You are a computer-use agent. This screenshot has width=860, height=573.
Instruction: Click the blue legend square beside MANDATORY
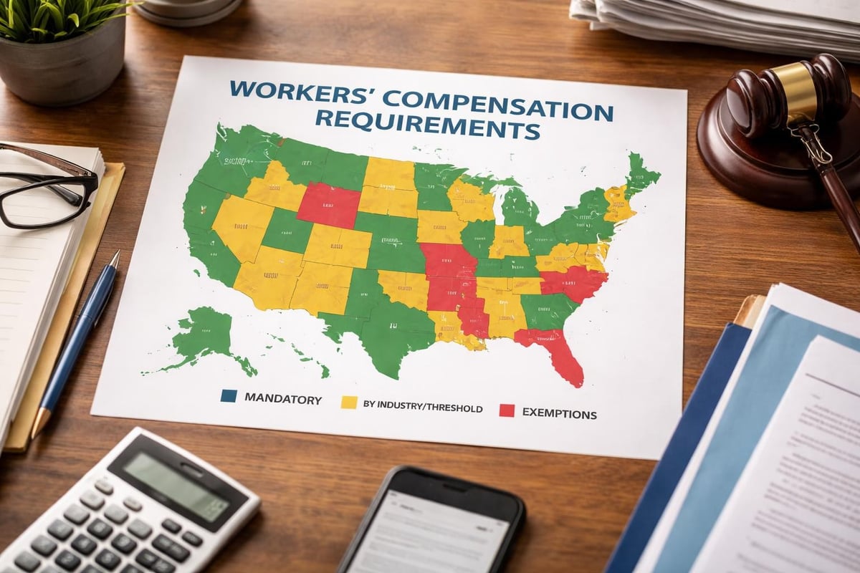[x=229, y=396]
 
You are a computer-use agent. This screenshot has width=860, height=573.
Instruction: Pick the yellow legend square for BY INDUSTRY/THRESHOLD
[x=348, y=403]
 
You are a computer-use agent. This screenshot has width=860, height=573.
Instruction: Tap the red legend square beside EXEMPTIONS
[x=507, y=410]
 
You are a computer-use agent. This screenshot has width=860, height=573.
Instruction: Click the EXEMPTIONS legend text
[x=559, y=413]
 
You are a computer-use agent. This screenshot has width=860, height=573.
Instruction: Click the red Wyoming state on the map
[x=329, y=205]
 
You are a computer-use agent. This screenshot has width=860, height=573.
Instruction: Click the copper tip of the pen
[x=40, y=423]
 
